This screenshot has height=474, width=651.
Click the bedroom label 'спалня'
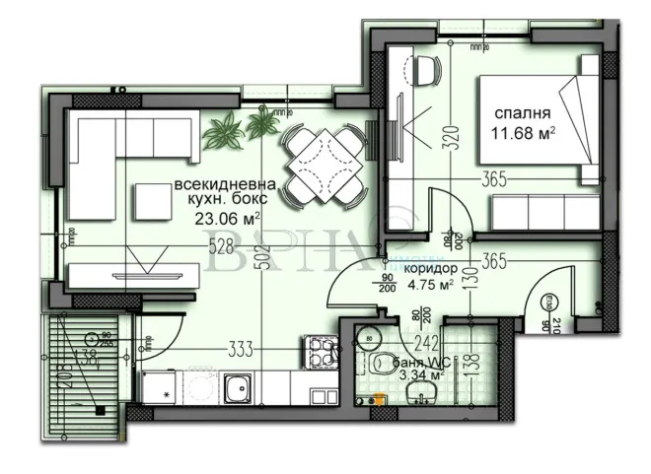point(523,110)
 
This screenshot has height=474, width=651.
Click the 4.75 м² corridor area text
point(431,287)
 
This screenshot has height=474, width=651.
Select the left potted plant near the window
point(225,128)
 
